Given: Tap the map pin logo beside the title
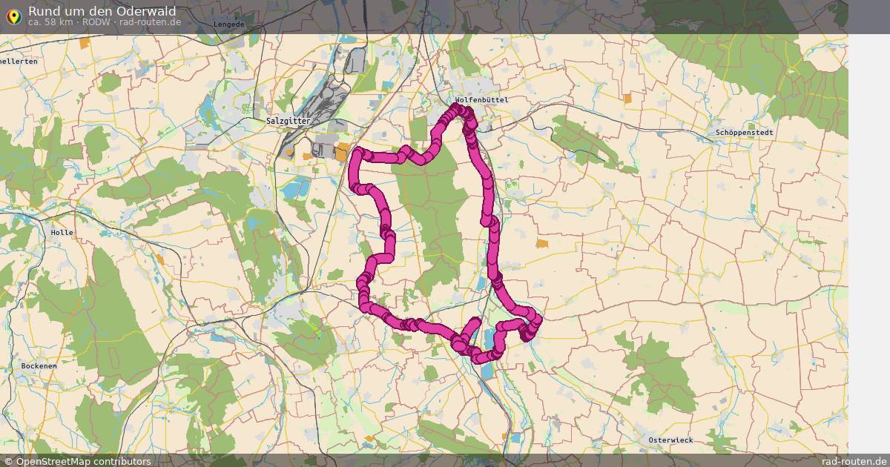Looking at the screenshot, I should [x=13, y=15].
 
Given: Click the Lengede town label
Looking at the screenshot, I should [x=228, y=24].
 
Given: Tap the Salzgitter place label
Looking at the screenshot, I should [x=288, y=120].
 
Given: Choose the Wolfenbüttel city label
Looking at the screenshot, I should [x=482, y=99].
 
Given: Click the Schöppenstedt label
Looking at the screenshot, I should [x=744, y=133].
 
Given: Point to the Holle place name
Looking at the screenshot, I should [x=62, y=232].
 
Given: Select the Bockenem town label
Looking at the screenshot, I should [x=39, y=366].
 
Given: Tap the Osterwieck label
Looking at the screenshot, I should [x=670, y=440].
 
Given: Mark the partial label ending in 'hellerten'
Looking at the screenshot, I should [x=19, y=62].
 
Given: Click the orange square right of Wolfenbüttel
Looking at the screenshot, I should [x=627, y=99].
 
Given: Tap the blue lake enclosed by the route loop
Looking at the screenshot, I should [x=489, y=342].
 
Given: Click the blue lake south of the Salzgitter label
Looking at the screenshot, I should [x=295, y=188].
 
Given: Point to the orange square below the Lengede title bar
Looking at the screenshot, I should [x=85, y=43].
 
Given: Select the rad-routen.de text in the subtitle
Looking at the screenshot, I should [x=150, y=22].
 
